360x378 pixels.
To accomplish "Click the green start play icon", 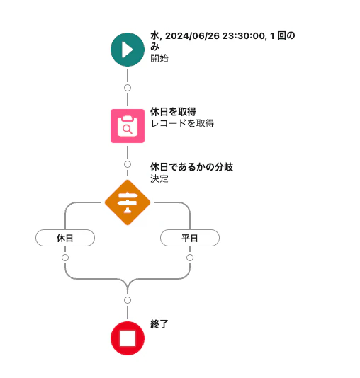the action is (128, 50).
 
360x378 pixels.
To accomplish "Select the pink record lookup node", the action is (128, 126).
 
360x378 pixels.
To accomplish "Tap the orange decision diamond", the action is (128, 202).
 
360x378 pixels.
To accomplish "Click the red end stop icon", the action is (128, 338).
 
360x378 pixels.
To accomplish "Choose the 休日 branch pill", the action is (65, 238).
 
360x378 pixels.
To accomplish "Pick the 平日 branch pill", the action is (190, 238).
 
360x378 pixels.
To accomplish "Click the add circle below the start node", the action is (128, 88).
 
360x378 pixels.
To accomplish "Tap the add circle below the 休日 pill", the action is (65, 258).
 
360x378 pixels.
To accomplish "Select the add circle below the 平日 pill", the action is (190, 258).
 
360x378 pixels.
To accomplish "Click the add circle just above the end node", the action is (128, 300).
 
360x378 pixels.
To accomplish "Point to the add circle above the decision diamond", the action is (128, 164).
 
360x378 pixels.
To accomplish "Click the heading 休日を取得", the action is (173, 112).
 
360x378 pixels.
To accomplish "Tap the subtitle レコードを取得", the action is (182, 123).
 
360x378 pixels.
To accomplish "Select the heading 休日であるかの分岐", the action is (192, 167).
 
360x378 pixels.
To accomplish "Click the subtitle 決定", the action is (159, 178).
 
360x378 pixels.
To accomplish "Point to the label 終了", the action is (159, 324).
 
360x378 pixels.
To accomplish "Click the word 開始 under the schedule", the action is (159, 58).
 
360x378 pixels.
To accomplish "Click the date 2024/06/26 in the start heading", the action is (192, 35).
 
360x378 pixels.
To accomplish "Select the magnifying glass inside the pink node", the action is (128, 130).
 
